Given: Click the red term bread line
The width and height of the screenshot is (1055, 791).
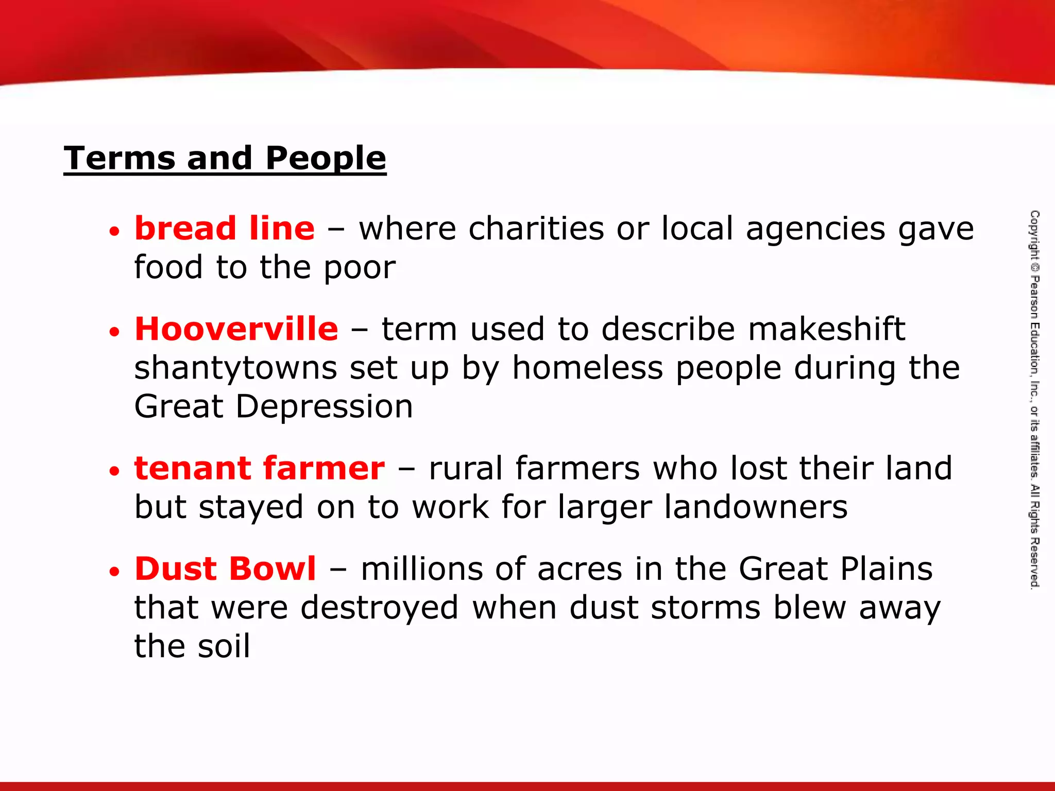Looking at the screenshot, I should click(x=225, y=228).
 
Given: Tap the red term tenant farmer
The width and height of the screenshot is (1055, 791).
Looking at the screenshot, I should click(x=260, y=468).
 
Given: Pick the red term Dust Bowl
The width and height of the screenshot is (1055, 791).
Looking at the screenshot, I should click(x=225, y=569).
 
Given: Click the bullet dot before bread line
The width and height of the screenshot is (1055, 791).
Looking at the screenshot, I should click(x=114, y=231).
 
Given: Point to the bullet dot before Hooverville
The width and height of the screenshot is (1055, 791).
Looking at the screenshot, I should click(x=114, y=332).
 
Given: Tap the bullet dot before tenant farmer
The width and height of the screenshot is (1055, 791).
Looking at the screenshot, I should click(x=114, y=471).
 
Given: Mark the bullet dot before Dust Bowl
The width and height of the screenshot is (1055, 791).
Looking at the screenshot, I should click(x=114, y=571).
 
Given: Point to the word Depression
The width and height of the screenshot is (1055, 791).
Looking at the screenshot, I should click(x=325, y=406).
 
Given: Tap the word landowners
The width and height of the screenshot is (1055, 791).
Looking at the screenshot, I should click(x=756, y=507).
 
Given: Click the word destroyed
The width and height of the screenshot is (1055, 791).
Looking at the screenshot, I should click(x=380, y=608).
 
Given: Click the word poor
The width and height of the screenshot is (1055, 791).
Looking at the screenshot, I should click(x=360, y=268).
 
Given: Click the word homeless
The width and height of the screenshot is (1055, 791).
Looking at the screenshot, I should click(x=588, y=368).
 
